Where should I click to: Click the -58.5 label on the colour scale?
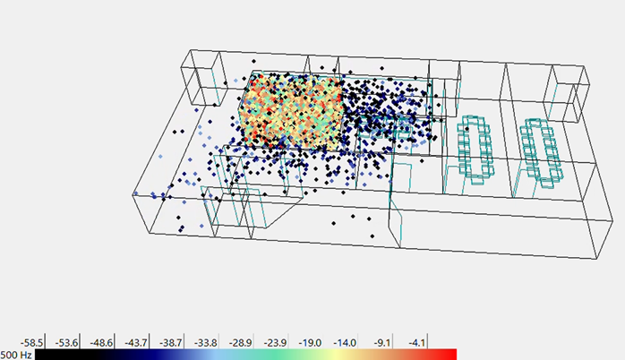coord(32,343)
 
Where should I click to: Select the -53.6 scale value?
coord(66,343)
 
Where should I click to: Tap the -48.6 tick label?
coord(101,343)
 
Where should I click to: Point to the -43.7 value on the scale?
coord(136,343)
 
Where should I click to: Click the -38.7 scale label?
coord(171,343)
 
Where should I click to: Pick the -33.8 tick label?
coord(206,343)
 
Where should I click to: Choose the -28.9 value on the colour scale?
coord(240,343)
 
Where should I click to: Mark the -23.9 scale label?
coord(275,343)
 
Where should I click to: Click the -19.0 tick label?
coord(310,343)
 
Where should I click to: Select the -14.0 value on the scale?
coord(345,343)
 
